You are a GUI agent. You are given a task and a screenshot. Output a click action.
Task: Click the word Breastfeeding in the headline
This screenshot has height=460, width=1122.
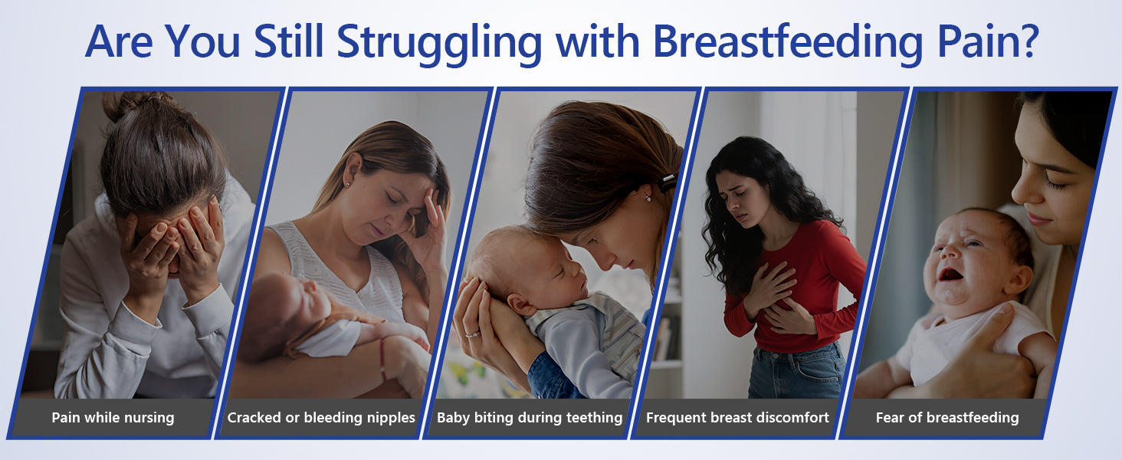click(x=788, y=43)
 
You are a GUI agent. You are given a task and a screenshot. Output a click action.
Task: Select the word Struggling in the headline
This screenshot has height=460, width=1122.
click(x=439, y=44)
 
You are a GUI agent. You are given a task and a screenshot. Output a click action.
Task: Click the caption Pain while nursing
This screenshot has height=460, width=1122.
click(x=113, y=417)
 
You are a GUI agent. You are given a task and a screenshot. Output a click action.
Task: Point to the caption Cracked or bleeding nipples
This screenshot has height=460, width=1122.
click(x=321, y=417)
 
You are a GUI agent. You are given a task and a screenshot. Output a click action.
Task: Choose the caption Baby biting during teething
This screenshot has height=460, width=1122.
click(x=530, y=417)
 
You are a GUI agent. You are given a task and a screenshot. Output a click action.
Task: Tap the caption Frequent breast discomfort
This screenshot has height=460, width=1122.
click(x=737, y=417)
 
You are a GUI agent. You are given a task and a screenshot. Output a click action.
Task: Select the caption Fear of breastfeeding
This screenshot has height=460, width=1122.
click(x=947, y=417)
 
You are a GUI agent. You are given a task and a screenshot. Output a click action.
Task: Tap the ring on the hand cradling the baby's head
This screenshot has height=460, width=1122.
click(x=472, y=333)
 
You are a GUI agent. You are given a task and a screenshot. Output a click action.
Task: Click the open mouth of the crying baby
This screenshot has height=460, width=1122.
click(x=950, y=274)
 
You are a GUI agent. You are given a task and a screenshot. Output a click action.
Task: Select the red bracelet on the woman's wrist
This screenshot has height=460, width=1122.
click(x=382, y=360)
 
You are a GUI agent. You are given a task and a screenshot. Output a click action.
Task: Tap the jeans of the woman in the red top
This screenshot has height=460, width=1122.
click(x=796, y=371)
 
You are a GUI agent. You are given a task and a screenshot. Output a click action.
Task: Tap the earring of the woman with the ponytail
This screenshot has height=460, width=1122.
click(x=650, y=198)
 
